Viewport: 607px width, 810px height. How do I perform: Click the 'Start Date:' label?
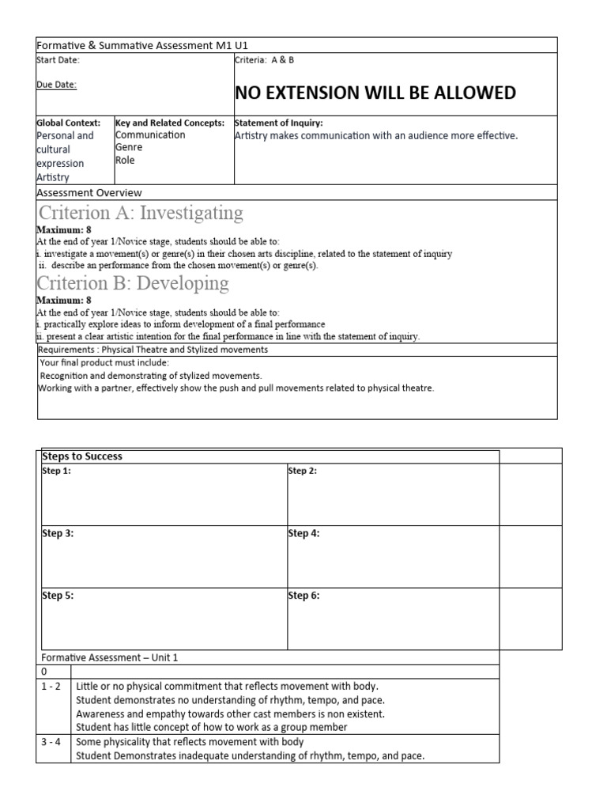(x=58, y=60)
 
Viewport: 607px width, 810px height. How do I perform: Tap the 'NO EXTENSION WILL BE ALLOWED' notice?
(x=375, y=93)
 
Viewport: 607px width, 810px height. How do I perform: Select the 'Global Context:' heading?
(x=69, y=123)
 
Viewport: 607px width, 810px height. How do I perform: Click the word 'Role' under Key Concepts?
(x=125, y=160)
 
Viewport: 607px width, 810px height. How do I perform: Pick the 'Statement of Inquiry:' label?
(x=279, y=123)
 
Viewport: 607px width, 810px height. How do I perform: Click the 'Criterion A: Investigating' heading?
(x=141, y=213)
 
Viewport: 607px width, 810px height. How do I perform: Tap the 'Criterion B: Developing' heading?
(x=134, y=283)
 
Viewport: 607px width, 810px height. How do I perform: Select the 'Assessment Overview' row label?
(x=89, y=192)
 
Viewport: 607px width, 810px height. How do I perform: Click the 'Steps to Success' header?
(x=83, y=456)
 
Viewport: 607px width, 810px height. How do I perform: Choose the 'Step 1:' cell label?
(x=57, y=471)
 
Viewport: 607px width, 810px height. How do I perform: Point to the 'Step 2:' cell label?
(x=303, y=471)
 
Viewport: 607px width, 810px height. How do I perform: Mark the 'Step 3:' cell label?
(x=58, y=534)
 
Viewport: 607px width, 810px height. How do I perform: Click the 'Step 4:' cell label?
(x=304, y=534)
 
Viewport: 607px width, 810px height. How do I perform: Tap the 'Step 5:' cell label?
(x=58, y=596)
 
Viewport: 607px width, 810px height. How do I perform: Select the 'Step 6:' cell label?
(x=304, y=596)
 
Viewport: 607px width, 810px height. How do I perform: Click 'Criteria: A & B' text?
(x=265, y=60)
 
